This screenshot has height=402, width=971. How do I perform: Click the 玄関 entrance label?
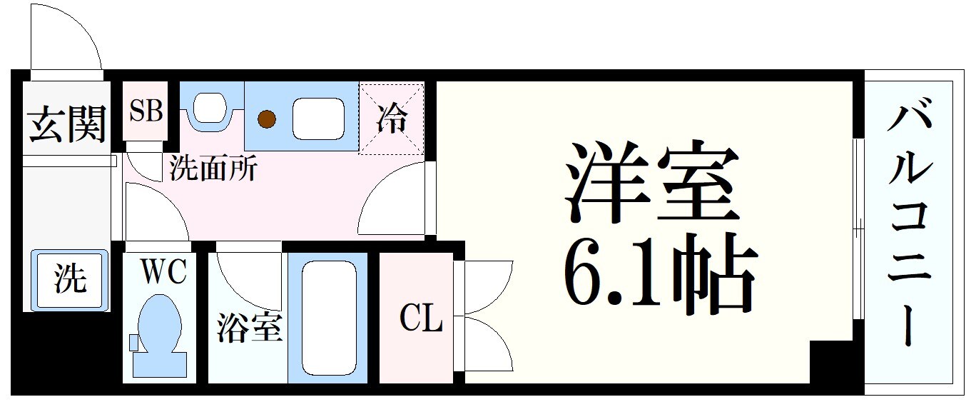coord(68,124)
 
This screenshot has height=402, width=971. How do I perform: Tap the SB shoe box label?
coord(146,111)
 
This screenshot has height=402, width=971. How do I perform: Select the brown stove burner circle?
coord(267,119)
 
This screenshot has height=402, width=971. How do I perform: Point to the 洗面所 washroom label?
coord(213,169)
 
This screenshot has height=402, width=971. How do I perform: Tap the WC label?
coord(163,271)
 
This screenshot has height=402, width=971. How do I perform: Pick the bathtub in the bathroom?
coord(327,317)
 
